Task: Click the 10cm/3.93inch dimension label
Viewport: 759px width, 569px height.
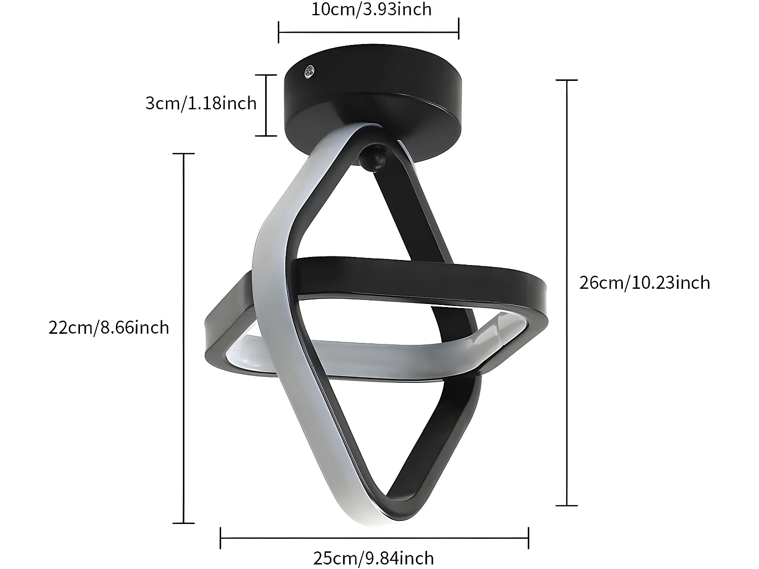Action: pos(371,9)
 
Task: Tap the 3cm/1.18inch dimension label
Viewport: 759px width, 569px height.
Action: pos(201,103)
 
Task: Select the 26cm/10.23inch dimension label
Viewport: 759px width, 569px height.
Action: pos(644,282)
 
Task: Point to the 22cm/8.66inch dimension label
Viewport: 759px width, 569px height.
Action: pos(109,328)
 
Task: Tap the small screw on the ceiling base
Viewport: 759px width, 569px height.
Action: pos(309,72)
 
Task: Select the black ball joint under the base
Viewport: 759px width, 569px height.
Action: pos(373,158)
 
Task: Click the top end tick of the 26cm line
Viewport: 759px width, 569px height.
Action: pos(566,80)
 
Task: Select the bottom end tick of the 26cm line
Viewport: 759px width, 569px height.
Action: pos(566,505)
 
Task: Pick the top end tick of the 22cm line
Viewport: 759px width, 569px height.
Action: pos(183,153)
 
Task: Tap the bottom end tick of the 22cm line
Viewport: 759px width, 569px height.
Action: pos(183,523)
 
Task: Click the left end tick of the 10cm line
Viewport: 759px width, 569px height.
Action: pos(279,32)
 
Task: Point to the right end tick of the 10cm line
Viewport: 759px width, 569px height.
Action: pos(458,29)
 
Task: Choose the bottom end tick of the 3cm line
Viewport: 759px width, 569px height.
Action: pos(266,136)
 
